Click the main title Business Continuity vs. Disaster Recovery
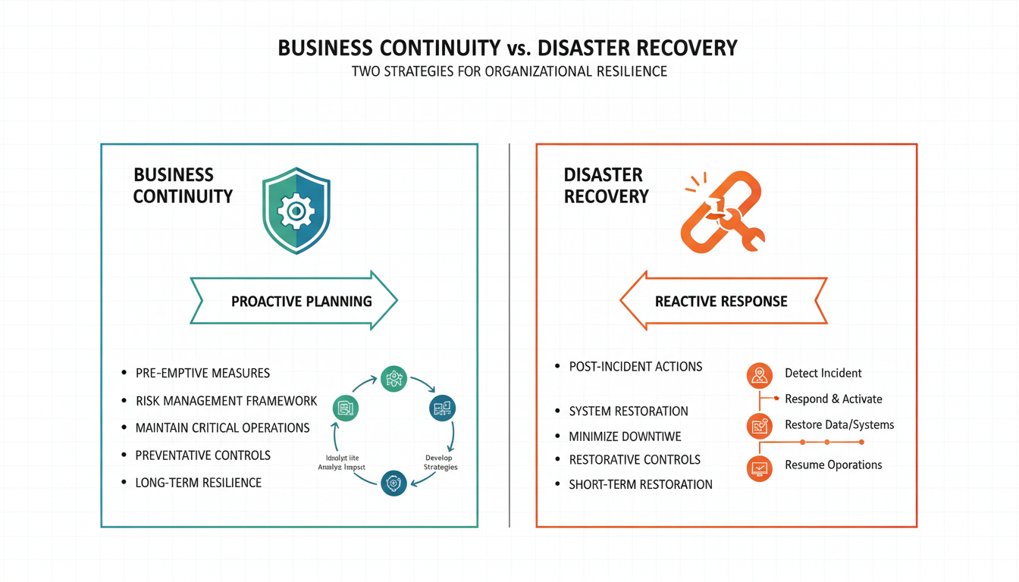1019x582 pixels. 507,48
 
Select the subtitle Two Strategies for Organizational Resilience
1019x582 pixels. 509,72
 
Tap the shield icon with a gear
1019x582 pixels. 296,211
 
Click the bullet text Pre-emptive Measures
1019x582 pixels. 202,373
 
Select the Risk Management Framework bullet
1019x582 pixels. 226,400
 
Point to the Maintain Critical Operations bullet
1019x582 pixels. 222,427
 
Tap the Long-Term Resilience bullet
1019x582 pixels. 198,482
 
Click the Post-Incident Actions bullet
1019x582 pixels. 635,367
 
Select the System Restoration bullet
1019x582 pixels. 629,411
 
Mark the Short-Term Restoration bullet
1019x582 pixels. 641,484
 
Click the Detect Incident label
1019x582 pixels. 823,373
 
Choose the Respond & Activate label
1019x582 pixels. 833,399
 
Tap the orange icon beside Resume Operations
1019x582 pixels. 759,468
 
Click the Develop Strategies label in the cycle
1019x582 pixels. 439,462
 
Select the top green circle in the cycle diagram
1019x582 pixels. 393,378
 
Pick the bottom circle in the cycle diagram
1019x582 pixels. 393,483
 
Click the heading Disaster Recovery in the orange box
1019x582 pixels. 606,186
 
